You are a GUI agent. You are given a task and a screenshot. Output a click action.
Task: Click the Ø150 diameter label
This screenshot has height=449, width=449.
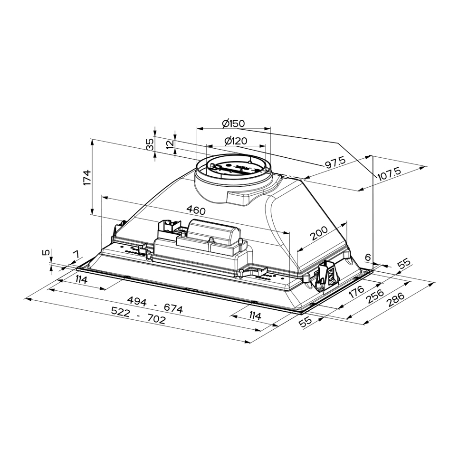(233, 124)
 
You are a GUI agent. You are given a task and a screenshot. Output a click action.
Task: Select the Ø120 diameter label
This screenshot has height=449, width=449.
(236, 141)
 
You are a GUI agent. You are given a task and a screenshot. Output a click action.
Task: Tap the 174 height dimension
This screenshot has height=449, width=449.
(87, 178)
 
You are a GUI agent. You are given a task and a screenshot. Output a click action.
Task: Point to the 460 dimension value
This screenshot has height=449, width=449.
(196, 210)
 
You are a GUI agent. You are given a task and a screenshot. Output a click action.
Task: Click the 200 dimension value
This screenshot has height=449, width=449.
(319, 233)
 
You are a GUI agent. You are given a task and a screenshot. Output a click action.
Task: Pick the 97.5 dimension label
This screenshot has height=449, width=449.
(335, 162)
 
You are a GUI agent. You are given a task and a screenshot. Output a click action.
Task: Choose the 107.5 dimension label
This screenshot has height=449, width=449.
(389, 173)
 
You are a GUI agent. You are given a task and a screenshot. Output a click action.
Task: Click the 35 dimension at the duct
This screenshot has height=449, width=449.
(150, 144)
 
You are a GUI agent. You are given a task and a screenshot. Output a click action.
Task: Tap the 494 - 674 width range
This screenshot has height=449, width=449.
(155, 305)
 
